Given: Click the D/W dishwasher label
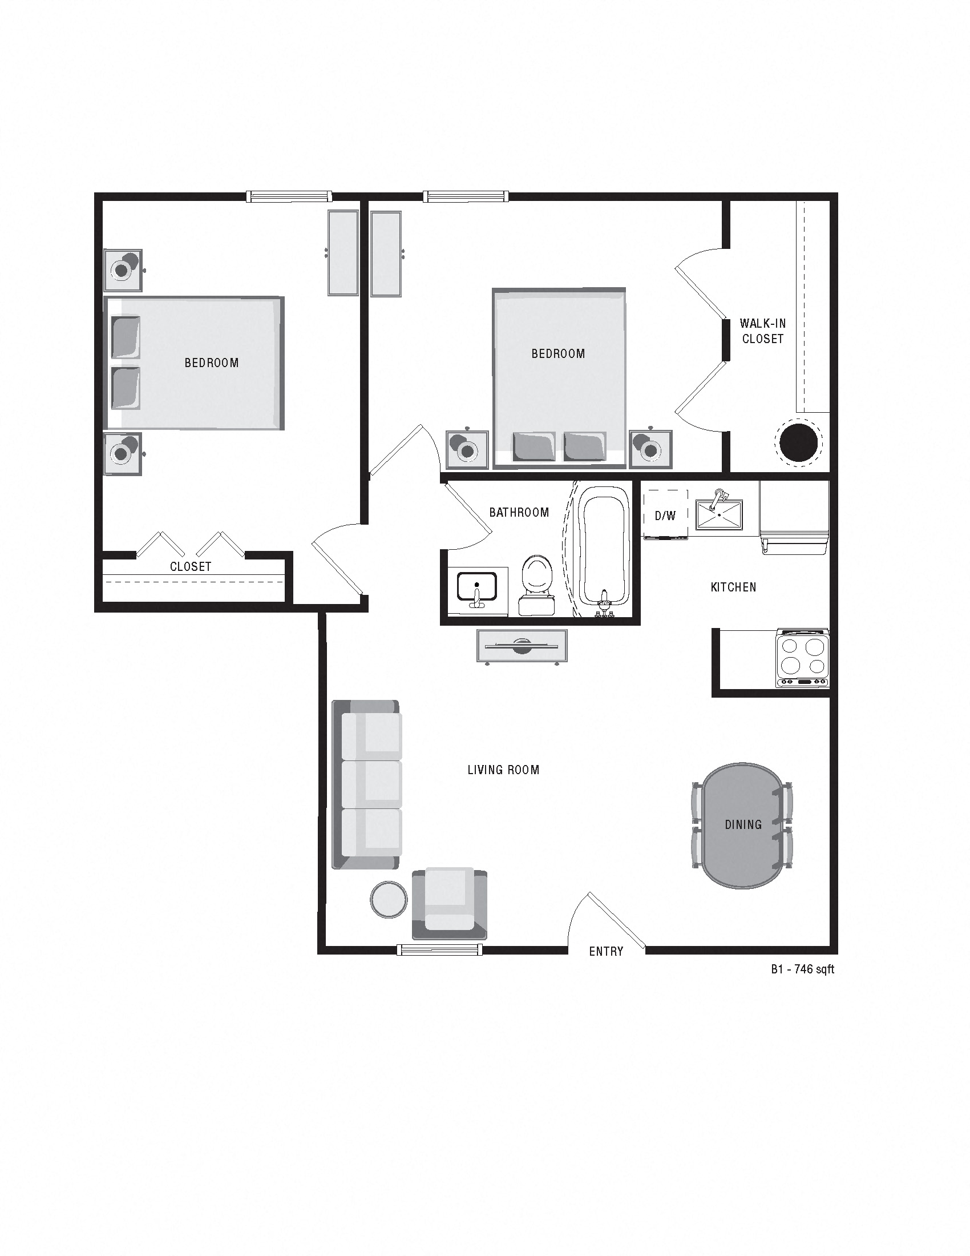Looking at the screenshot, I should pyautogui.click(x=665, y=516).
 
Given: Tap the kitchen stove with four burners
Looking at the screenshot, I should pyautogui.click(x=803, y=657).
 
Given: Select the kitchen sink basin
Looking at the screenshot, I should pyautogui.click(x=719, y=514).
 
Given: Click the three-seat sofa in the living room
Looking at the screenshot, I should pyautogui.click(x=367, y=784).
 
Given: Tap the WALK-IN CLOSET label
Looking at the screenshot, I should pyautogui.click(x=762, y=331).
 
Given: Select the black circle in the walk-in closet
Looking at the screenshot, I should pyautogui.click(x=799, y=442).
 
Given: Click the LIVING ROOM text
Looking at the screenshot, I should pyautogui.click(x=503, y=770).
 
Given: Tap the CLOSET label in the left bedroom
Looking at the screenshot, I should pyautogui.click(x=191, y=566).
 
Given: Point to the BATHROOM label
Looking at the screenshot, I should pyautogui.click(x=519, y=513).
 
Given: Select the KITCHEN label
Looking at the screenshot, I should pyautogui.click(x=733, y=587).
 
